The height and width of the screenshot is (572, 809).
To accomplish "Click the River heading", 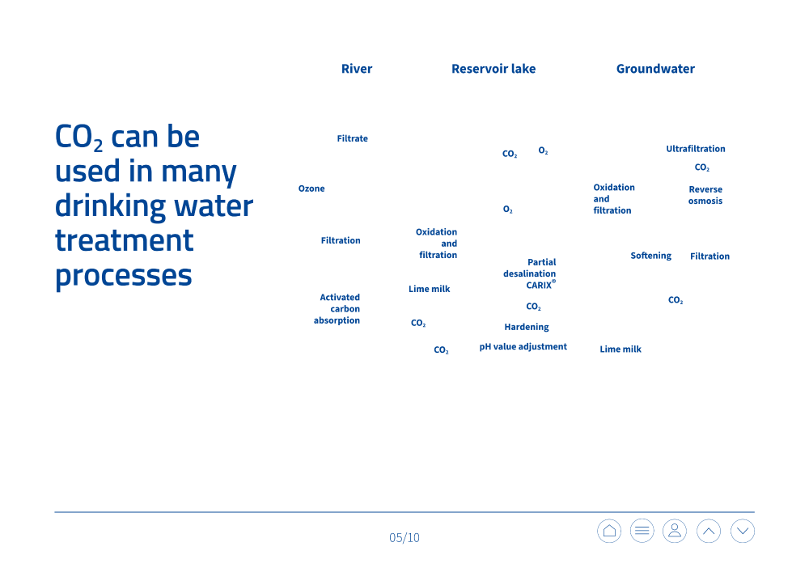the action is pyautogui.click(x=357, y=69).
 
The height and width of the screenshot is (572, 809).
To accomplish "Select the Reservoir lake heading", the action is pyautogui.click(x=493, y=69).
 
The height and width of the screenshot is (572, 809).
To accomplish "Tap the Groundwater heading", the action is pyautogui.click(x=655, y=69).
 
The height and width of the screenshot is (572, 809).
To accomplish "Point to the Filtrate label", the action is pyautogui.click(x=353, y=138).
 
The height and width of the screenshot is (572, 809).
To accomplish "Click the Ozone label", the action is pyautogui.click(x=311, y=189).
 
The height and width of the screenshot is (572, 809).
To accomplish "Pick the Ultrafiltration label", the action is pyautogui.click(x=696, y=149).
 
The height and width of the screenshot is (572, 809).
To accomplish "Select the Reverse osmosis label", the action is pyautogui.click(x=705, y=195).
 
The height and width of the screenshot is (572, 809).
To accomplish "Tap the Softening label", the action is pyautogui.click(x=650, y=256).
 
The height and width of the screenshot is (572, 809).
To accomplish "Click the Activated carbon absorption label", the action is pyautogui.click(x=337, y=308).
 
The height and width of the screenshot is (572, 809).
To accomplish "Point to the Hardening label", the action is pyautogui.click(x=527, y=327).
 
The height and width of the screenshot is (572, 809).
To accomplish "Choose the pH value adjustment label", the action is pyautogui.click(x=523, y=346).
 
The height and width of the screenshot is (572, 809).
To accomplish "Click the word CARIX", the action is pyautogui.click(x=539, y=286).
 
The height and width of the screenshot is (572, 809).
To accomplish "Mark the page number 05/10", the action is pyautogui.click(x=404, y=537).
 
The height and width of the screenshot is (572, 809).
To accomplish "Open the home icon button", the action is pyautogui.click(x=609, y=531).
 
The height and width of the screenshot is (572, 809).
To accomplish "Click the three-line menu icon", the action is pyautogui.click(x=642, y=531).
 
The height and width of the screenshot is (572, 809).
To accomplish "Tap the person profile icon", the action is pyautogui.click(x=675, y=531).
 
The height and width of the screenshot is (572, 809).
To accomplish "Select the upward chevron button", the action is pyautogui.click(x=709, y=531).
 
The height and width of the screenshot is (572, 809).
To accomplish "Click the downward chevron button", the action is pyautogui.click(x=743, y=531).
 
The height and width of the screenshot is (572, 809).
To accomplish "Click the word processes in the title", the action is pyautogui.click(x=123, y=276).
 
